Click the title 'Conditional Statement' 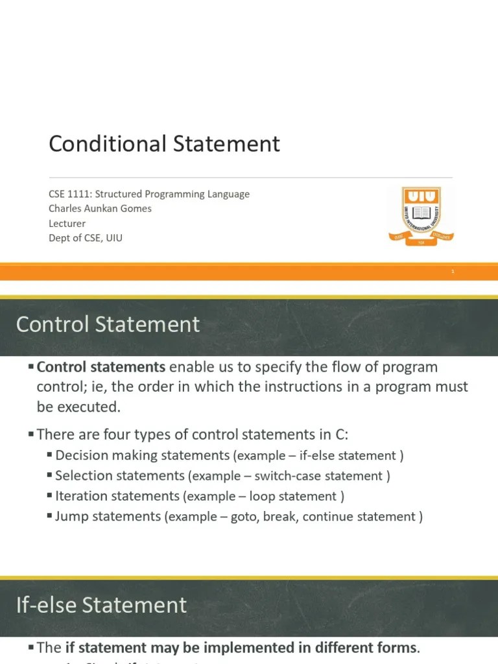[164, 143]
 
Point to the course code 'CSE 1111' [69, 194]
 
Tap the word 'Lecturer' [67, 223]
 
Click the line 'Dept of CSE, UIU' [86, 238]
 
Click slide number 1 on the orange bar [453, 272]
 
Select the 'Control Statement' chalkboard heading [108, 324]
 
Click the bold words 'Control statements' [102, 367]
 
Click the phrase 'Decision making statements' [143, 455]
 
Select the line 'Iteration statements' [117, 496]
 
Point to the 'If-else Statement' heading [101, 605]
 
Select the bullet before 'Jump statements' [50, 516]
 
